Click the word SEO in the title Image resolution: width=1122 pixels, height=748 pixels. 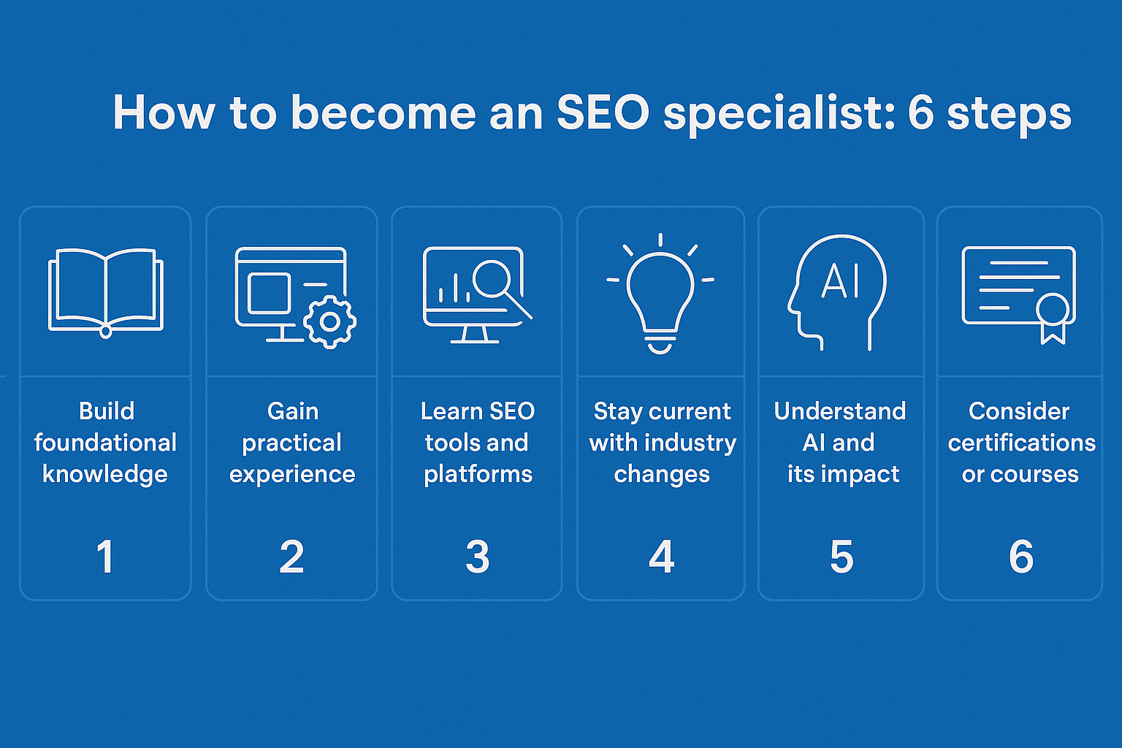(x=603, y=113)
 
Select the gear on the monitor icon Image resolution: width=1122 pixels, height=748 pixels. (x=329, y=321)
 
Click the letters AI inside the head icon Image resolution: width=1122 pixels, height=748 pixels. (x=841, y=281)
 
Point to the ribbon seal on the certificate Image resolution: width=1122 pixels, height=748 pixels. (x=1053, y=313)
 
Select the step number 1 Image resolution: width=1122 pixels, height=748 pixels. (x=105, y=557)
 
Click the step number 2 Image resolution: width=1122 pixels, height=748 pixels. (x=291, y=557)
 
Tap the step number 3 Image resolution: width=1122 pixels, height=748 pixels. (x=477, y=557)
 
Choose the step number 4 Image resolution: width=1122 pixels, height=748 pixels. (x=661, y=557)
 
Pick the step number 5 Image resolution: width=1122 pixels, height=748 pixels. (x=841, y=557)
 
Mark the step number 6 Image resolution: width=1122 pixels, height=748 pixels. (x=1020, y=557)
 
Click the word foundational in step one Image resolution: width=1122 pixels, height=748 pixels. (x=105, y=443)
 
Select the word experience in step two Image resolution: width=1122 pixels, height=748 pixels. (x=292, y=475)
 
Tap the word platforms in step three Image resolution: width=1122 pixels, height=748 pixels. (x=478, y=475)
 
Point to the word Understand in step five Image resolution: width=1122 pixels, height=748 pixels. (x=840, y=411)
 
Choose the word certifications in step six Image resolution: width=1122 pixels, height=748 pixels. (x=1021, y=443)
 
